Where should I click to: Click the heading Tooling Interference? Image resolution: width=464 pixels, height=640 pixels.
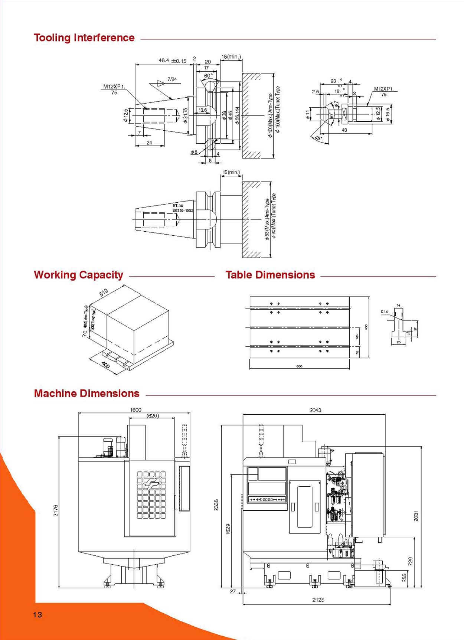pyautogui.click(x=84, y=38)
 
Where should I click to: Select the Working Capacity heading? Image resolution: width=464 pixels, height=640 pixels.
pyautogui.click(x=78, y=275)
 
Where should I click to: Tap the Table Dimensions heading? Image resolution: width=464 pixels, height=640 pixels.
pyautogui.click(x=270, y=275)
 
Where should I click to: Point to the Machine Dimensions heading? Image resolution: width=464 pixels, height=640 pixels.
pyautogui.click(x=86, y=394)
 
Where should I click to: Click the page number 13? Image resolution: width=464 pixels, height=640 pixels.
pyautogui.click(x=37, y=615)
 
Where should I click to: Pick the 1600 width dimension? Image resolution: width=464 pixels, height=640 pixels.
pyautogui.click(x=135, y=410)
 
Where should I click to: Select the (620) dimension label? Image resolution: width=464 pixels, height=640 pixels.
pyautogui.click(x=153, y=416)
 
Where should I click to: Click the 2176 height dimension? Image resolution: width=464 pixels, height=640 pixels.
pyautogui.click(x=56, y=510)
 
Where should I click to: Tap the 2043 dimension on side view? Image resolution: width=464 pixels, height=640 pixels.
pyautogui.click(x=315, y=410)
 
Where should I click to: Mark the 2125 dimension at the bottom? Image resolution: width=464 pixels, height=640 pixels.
pyautogui.click(x=318, y=600)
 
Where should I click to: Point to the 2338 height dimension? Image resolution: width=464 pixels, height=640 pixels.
pyautogui.click(x=216, y=505)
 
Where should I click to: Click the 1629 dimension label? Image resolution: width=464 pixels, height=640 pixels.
pyautogui.click(x=228, y=529)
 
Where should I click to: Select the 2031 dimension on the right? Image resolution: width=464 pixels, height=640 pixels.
pyautogui.click(x=416, y=516)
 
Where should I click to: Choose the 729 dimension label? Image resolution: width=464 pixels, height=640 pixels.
pyautogui.click(x=410, y=561)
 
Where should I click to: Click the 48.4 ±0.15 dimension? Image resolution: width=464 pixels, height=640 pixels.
pyautogui.click(x=172, y=61)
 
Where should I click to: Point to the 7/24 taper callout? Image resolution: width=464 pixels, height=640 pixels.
pyautogui.click(x=172, y=79)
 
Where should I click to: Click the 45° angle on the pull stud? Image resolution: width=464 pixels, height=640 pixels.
pyautogui.click(x=318, y=138)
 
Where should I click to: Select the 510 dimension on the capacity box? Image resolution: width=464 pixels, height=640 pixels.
pyautogui.click(x=104, y=293)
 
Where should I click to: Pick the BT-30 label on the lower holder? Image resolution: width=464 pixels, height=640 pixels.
pyautogui.click(x=178, y=206)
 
